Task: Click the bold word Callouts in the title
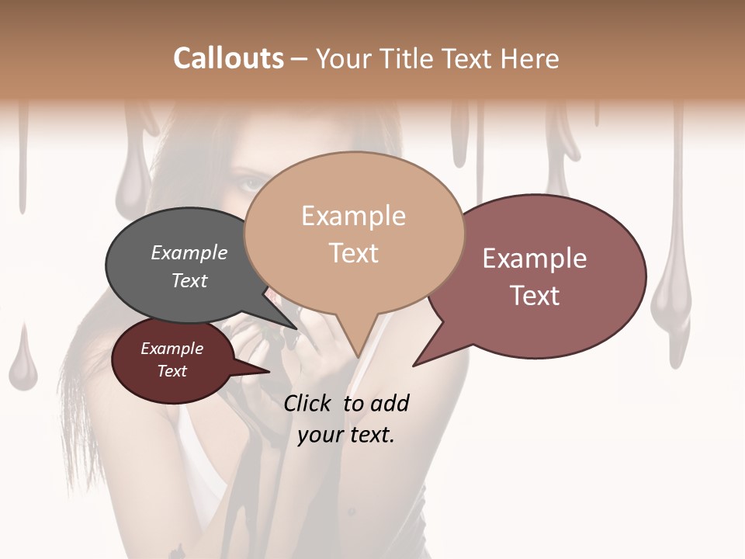228,58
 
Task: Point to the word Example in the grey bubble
189,253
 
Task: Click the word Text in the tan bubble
354,253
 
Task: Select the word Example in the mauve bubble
535,258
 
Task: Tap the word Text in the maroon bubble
172,371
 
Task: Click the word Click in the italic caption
309,403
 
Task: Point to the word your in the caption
320,435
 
